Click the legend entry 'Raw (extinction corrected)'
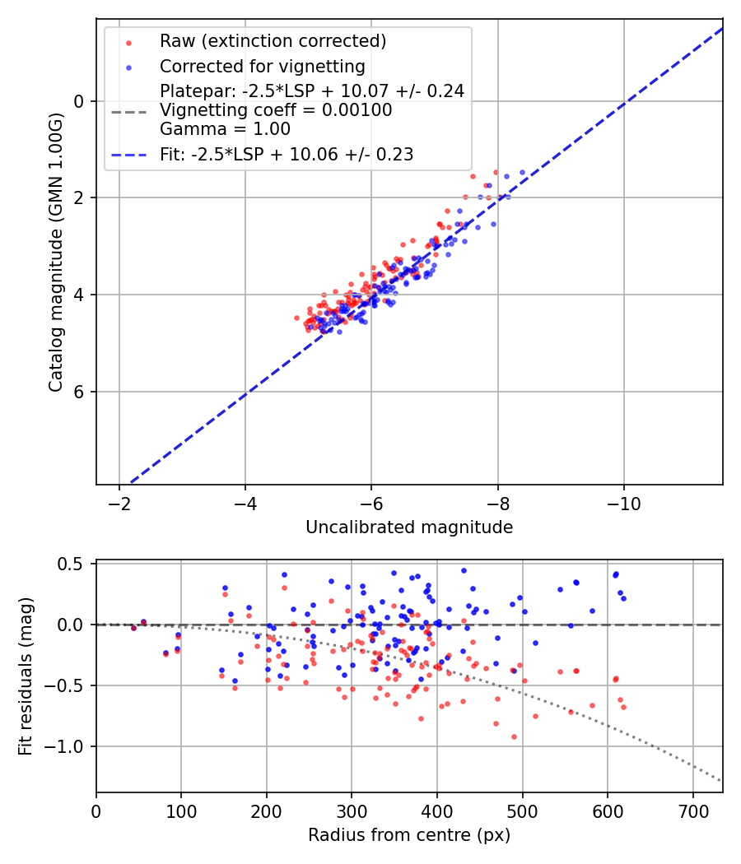(x=273, y=41)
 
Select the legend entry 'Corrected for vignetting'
(x=263, y=66)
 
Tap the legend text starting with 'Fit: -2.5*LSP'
(x=287, y=154)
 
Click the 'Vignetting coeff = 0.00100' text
(x=276, y=109)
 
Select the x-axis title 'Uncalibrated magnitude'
(x=409, y=527)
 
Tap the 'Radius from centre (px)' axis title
(x=409, y=835)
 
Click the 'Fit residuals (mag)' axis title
(x=26, y=676)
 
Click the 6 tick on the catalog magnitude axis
(x=80, y=392)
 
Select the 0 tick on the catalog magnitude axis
(x=80, y=101)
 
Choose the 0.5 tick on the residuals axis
(x=72, y=564)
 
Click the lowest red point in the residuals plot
(x=514, y=736)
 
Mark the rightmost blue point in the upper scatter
(x=522, y=172)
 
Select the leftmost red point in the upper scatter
(x=296, y=317)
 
